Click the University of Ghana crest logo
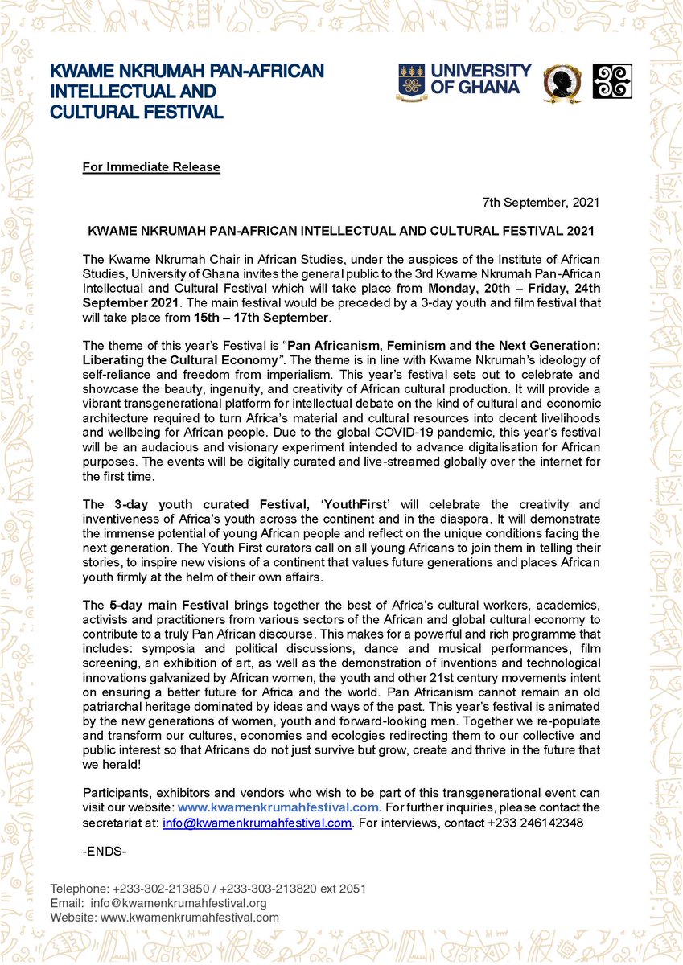pos(411,81)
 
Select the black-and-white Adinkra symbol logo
pos(611,81)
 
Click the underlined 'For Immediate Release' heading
pos(151,167)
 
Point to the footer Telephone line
pos(208,889)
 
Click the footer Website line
pos(165,917)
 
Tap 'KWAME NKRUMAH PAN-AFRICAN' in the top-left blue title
pos(187,72)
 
